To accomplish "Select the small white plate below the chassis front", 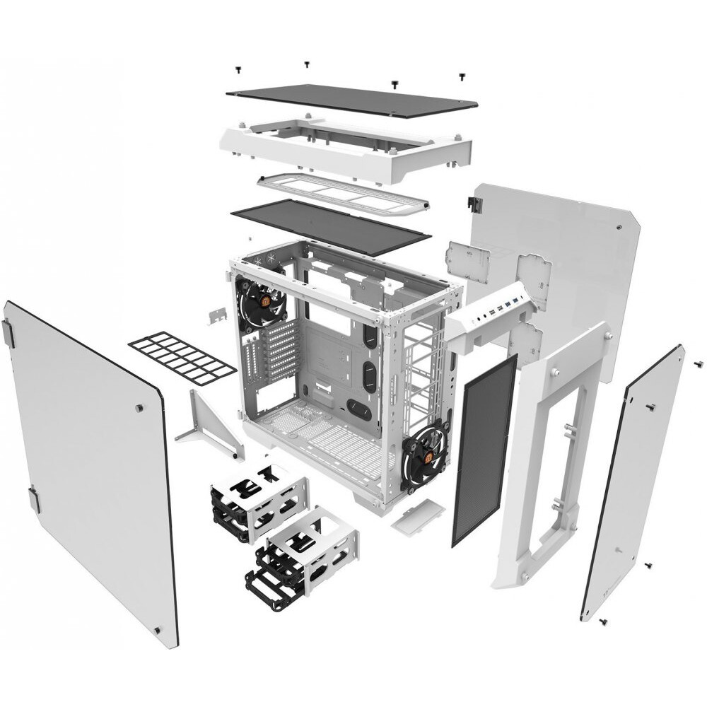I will (x=417, y=515).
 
